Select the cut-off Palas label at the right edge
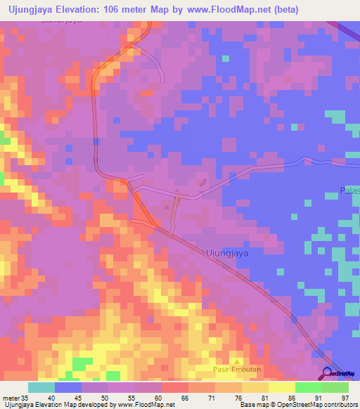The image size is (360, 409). pos(349,191)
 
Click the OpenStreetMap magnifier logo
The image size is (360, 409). pos(328,374)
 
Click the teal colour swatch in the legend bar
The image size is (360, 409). pos(41,387)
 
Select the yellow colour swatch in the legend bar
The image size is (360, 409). pos(281,387)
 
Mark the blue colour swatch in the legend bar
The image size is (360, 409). pos(68,387)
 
